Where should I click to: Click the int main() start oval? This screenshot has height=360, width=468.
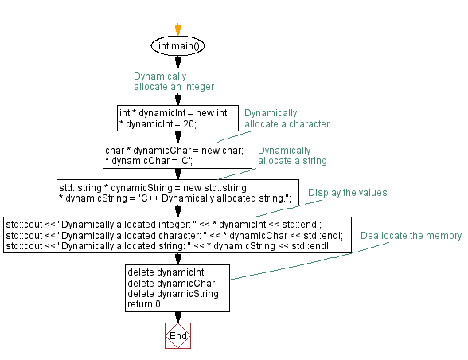[178, 46]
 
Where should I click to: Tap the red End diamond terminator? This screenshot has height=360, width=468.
[178, 335]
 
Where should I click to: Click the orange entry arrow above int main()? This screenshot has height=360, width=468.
[178, 29]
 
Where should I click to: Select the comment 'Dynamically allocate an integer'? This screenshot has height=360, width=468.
[174, 80]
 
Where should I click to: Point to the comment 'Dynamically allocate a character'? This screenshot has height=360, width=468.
[287, 118]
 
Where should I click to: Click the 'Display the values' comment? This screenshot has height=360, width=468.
[347, 193]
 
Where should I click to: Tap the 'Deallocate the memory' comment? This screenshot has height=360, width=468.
[411, 236]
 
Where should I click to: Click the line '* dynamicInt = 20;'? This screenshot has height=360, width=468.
[157, 123]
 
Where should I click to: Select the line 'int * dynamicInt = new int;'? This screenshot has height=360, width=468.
[174, 113]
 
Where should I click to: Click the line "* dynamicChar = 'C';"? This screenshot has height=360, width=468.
[150, 160]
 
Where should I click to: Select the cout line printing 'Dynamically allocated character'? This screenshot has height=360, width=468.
[174, 235]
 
